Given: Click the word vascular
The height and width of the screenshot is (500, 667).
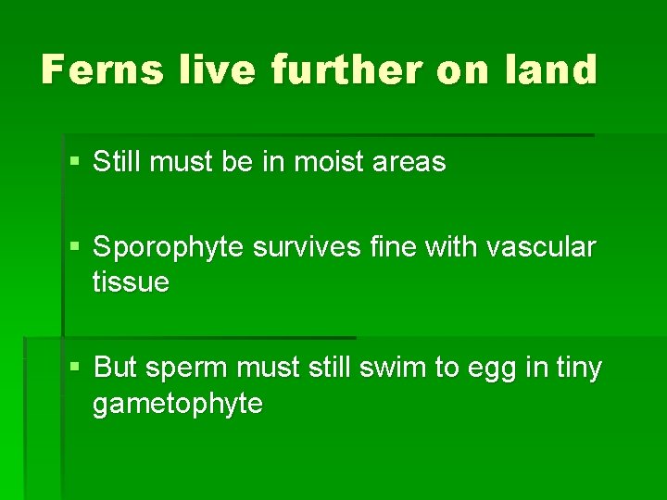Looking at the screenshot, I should (542, 248).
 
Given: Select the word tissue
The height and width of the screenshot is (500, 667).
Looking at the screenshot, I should (131, 282).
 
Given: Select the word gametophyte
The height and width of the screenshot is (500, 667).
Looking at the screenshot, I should (177, 405).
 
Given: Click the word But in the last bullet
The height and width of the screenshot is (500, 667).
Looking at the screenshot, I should (115, 368).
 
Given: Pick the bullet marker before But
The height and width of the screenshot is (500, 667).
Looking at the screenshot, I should (75, 369).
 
